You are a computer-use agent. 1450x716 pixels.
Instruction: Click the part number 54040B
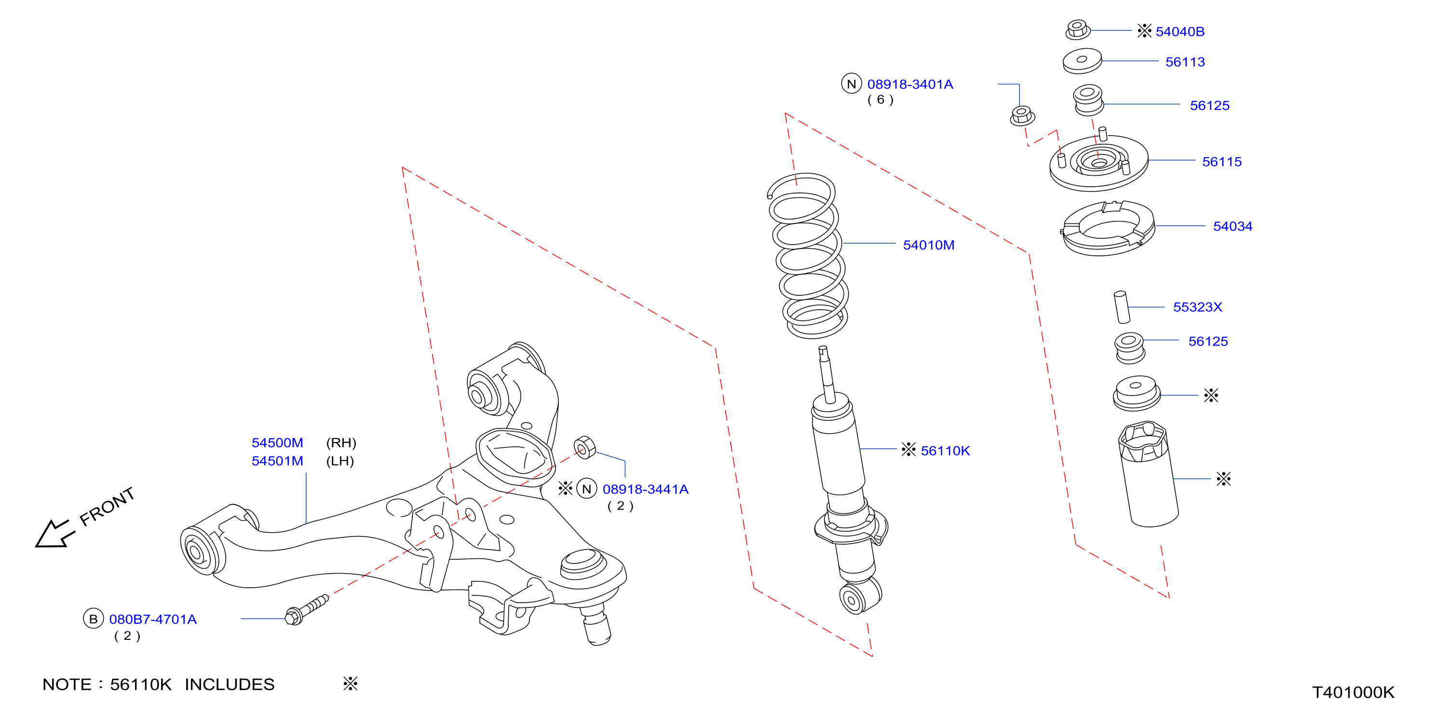point(1180,31)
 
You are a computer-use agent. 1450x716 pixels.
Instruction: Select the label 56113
point(1185,62)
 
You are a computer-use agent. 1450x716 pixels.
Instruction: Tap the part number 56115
point(1221,162)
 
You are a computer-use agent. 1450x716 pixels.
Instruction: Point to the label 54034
point(1233,226)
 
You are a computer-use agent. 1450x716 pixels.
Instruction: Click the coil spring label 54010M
point(929,245)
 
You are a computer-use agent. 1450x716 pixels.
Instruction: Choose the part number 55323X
point(1198,307)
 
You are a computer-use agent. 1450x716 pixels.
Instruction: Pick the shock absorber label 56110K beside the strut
point(946,451)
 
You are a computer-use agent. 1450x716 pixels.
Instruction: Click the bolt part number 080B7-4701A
point(153,619)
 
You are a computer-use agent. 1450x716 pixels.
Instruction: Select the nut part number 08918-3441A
point(646,489)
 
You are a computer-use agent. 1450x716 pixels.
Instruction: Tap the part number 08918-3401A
point(910,84)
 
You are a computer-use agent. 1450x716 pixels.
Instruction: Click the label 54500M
point(277,443)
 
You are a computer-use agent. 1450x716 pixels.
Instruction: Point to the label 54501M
point(277,461)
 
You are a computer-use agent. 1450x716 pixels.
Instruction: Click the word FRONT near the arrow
point(107,507)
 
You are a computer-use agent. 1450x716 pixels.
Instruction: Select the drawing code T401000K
point(1353,692)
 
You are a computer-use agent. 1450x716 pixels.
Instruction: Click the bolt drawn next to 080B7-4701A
point(306,609)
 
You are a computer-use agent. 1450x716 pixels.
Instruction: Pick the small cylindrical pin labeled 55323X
point(1122,307)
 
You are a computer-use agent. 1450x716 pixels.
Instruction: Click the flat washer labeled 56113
point(1082,61)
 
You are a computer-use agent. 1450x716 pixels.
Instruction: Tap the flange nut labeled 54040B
point(1077,29)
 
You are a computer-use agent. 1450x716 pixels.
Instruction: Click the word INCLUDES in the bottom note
point(230,685)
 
